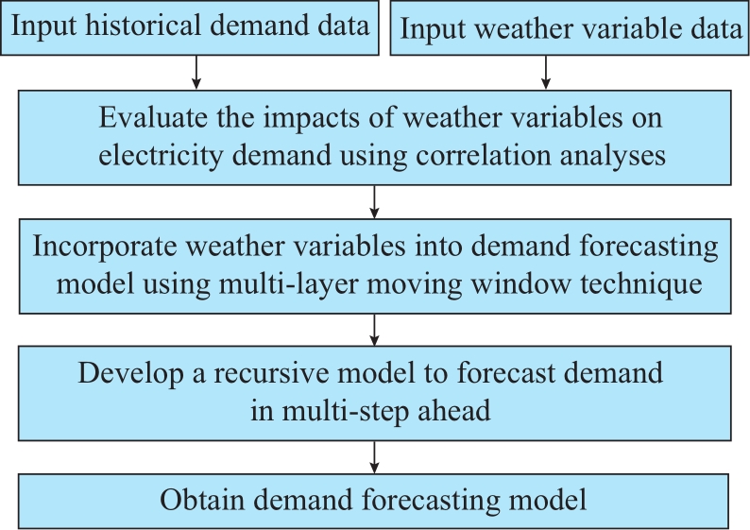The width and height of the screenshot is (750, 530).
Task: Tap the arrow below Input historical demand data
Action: pos(196,72)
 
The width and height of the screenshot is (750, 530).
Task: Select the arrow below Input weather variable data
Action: pos(546,72)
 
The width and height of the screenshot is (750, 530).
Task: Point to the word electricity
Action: pos(161,157)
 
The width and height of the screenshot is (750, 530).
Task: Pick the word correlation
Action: pos(483,156)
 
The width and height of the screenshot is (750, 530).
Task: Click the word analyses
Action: pos(613,157)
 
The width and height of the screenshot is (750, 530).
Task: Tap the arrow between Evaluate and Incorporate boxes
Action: pos(374,202)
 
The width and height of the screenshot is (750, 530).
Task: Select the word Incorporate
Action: pos(105,248)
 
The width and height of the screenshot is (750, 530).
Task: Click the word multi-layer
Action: pos(288,284)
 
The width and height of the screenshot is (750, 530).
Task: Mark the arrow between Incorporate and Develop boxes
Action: pos(374,330)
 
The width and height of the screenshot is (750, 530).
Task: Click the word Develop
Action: pos(130,374)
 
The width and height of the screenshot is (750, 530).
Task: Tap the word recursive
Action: pos(271,373)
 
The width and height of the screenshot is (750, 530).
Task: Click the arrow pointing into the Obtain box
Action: pos(374,457)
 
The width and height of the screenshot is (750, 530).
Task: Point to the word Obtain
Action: pos(202,501)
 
